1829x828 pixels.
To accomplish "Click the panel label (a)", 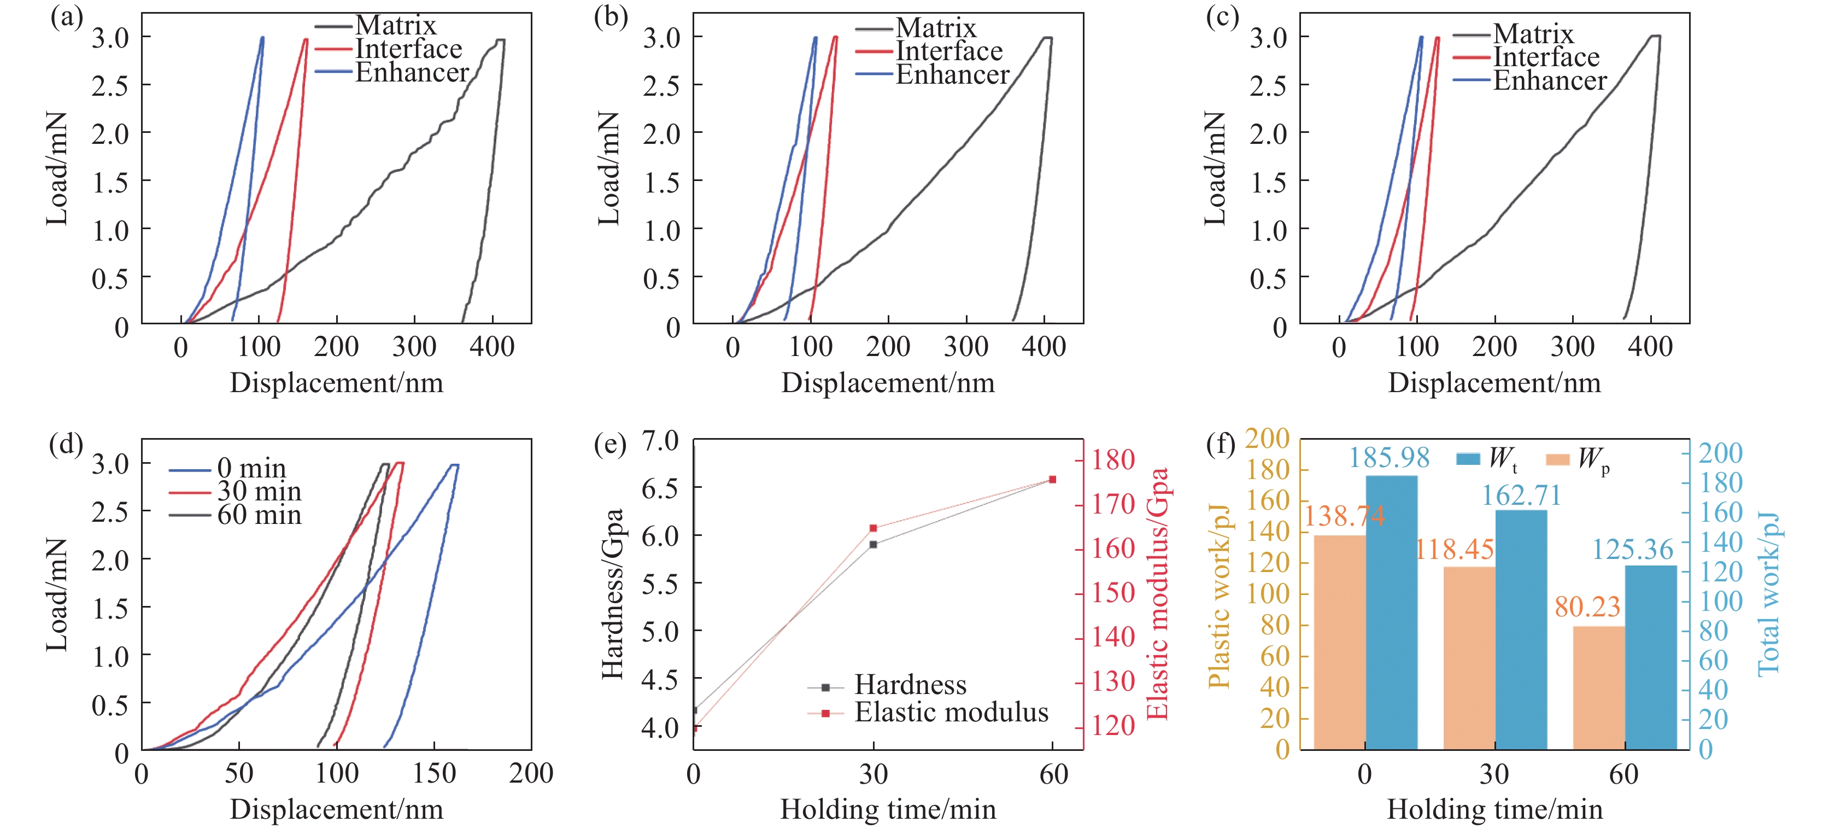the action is coord(67,16).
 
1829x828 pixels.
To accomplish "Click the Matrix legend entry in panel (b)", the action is coord(916,28).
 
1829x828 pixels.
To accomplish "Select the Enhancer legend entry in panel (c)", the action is coord(1530,80).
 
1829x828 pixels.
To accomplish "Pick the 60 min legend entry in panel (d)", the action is coord(235,514).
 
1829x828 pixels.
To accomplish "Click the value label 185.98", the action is coord(1389,457).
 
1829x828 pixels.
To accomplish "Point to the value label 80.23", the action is coord(1587,607).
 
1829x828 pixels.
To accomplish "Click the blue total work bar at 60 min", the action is coord(1651,657).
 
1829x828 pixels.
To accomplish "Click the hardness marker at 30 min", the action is coord(874,545).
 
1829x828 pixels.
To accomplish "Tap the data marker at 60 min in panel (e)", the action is coord(1052,479).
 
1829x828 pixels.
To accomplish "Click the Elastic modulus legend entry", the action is coord(928,712).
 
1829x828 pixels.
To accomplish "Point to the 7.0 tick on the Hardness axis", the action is coord(660,440).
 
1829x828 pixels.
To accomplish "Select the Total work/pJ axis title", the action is coord(1769,594).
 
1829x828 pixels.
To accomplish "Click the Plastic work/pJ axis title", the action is coord(1218,597).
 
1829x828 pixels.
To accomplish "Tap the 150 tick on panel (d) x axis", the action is coord(434,773).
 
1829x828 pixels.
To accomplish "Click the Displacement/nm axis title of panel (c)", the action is coord(1494,383).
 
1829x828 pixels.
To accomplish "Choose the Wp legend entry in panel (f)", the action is coord(1578,459).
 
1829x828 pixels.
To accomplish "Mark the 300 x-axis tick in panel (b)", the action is coord(966,347).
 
